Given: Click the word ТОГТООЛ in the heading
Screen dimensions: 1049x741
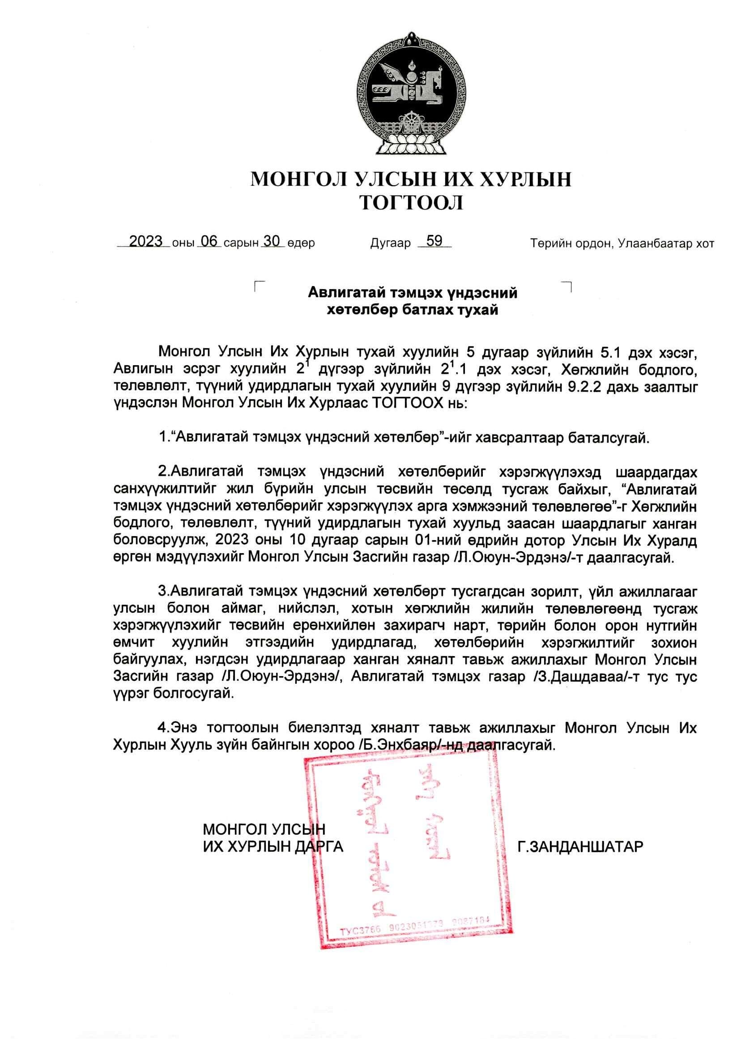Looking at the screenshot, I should tap(411, 203).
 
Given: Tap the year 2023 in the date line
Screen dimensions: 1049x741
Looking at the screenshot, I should tap(146, 241).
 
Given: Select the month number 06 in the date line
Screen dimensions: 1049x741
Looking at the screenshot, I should tap(209, 241).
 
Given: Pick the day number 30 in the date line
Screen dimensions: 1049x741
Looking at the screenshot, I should tap(272, 241).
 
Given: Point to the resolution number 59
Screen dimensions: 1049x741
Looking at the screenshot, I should tap(434, 241).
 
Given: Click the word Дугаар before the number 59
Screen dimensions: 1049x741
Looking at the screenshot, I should tap(390, 243).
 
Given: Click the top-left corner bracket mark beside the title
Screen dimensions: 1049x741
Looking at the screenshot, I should tap(260, 286).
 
